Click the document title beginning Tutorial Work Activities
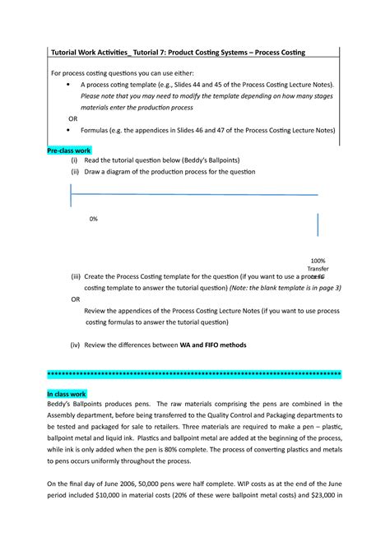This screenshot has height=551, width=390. click(x=176, y=52)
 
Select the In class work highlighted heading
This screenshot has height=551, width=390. click(x=67, y=394)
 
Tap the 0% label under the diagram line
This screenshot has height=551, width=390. click(x=95, y=220)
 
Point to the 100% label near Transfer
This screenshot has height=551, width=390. click(x=318, y=259)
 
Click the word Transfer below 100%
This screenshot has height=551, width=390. click(x=318, y=269)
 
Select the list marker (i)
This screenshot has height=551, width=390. click(x=74, y=163)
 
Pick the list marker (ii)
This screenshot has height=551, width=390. click(x=75, y=173)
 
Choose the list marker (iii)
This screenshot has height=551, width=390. click(x=76, y=278)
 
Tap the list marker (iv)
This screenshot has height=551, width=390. click(x=76, y=345)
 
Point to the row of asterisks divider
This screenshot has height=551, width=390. click(x=195, y=374)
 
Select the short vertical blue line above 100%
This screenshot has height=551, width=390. click(x=318, y=225)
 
